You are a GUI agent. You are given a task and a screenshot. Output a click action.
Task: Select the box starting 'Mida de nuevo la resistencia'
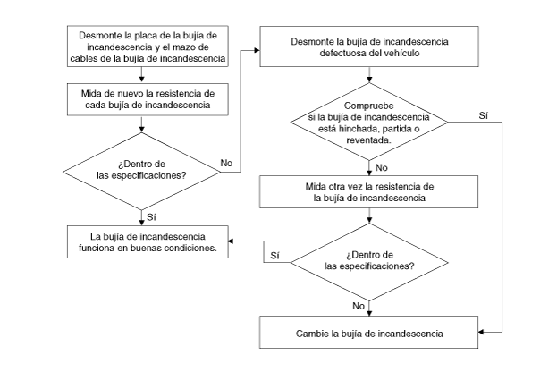click(x=148, y=99)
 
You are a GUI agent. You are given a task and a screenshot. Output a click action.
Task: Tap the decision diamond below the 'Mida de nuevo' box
click(x=142, y=171)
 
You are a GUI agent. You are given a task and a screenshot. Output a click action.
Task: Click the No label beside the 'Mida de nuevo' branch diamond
click(x=226, y=163)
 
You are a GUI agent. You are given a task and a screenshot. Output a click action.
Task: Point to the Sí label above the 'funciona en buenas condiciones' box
click(x=152, y=217)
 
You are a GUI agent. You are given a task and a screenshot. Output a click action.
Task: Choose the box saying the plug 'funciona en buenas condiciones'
click(x=148, y=242)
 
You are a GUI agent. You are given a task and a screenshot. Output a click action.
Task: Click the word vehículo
click(x=402, y=54)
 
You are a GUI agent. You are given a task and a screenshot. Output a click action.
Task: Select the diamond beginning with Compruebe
click(x=369, y=122)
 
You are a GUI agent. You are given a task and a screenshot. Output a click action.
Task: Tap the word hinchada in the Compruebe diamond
click(x=357, y=129)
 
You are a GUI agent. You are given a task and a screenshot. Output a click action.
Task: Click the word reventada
click(x=368, y=140)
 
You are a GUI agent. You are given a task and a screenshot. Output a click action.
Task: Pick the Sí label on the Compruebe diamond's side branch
click(x=484, y=116)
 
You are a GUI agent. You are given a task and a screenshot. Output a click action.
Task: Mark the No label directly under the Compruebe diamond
click(x=382, y=168)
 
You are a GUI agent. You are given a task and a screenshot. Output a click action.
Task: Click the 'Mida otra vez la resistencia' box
click(x=368, y=192)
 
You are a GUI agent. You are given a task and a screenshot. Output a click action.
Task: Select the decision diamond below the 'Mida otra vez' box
click(x=369, y=262)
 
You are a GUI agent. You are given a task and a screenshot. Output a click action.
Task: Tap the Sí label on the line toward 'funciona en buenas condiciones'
click(x=275, y=256)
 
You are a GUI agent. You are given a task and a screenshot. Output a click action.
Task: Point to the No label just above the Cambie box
click(x=359, y=306)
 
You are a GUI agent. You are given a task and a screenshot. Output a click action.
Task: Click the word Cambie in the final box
click(x=312, y=334)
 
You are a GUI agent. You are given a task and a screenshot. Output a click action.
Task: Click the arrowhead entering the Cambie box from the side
click(x=481, y=332)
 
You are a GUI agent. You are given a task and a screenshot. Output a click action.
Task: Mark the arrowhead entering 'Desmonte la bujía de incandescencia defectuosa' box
click(x=257, y=50)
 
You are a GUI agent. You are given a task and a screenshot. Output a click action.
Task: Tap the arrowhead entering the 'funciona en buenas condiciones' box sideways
click(x=231, y=241)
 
